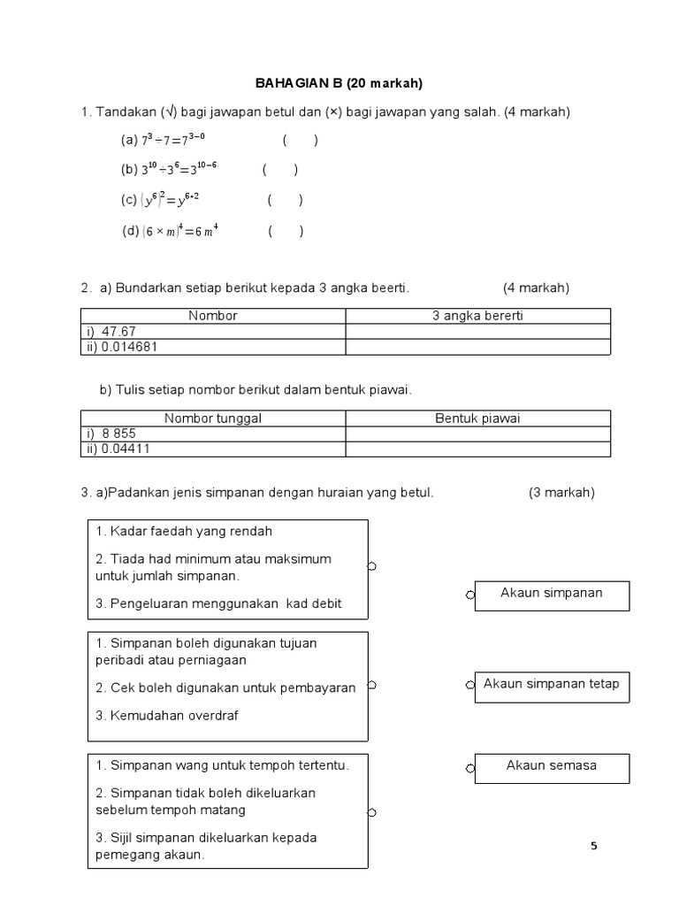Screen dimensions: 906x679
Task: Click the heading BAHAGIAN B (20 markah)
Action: pos(339,83)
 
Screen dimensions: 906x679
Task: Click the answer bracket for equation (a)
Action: pos(301,141)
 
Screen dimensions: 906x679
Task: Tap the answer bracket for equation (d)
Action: pos(286,232)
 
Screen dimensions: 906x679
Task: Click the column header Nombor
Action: pos(213,316)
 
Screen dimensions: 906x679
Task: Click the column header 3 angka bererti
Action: pos(477,316)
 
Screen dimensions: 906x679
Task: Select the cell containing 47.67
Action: pos(213,332)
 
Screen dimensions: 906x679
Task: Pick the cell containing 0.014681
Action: pos(213,347)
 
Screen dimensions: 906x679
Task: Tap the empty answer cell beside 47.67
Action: pos(477,332)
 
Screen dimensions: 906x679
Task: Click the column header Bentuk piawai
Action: pos(477,418)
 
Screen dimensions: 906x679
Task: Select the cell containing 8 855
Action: pos(213,434)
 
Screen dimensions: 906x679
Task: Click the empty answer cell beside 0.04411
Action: pos(477,449)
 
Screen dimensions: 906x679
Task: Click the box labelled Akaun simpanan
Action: pos(552,595)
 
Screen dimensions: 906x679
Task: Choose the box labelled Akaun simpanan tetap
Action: pos(552,687)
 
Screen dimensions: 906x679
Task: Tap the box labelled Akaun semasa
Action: pos(552,768)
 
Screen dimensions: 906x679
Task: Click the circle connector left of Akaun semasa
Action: pos(470,768)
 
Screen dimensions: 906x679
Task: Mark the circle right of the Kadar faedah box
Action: pos(372,567)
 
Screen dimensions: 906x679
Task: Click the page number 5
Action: pos(594,846)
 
